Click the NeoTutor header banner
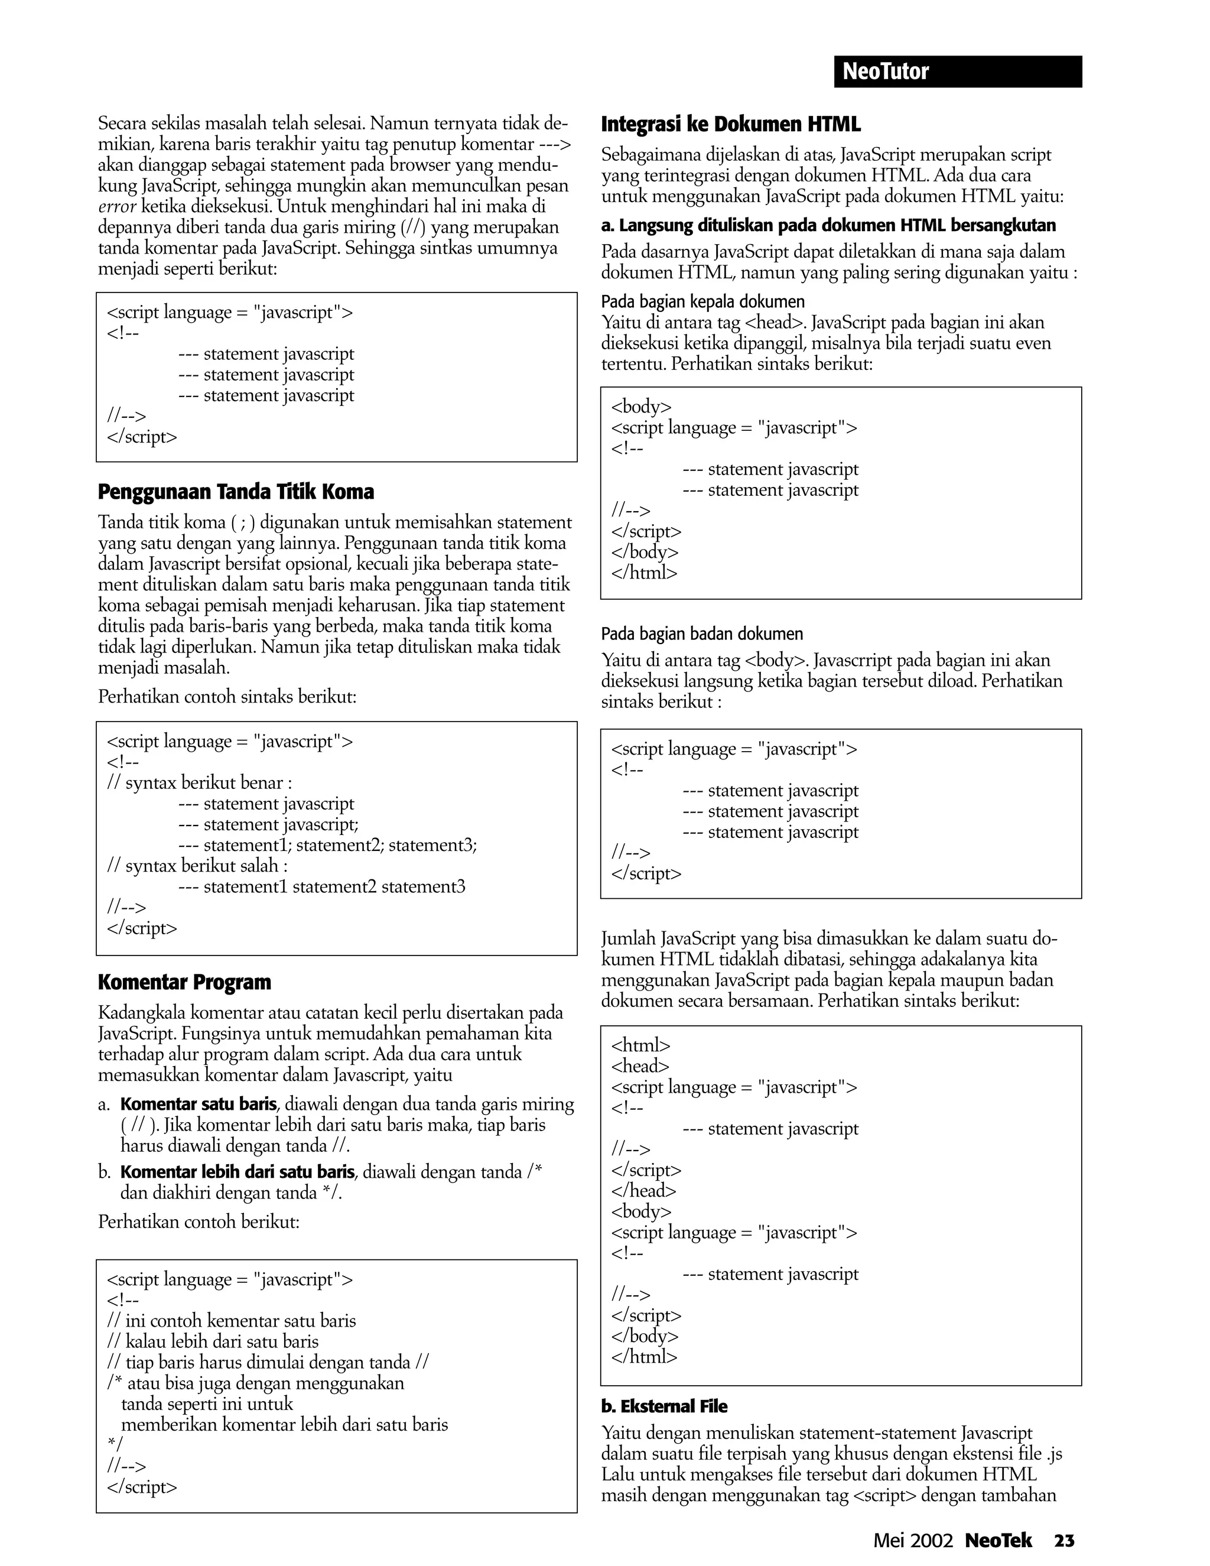pyautogui.click(x=957, y=72)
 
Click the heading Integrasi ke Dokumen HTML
pyautogui.click(x=730, y=125)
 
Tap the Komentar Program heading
pyautogui.click(x=184, y=982)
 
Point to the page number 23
pyautogui.click(x=1063, y=1539)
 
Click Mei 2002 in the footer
pyautogui.click(x=912, y=1540)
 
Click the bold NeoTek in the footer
pyautogui.click(x=998, y=1540)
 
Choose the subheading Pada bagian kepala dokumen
pyautogui.click(x=702, y=302)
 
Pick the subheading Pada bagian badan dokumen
pyautogui.click(x=702, y=634)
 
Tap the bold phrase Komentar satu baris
pyautogui.click(x=198, y=1104)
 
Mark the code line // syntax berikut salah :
pyautogui.click(x=197, y=866)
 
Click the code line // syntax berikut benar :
pyautogui.click(x=199, y=783)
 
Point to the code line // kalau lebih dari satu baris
pyautogui.click(x=212, y=1341)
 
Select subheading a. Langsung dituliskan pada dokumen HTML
pyautogui.click(x=828, y=226)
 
